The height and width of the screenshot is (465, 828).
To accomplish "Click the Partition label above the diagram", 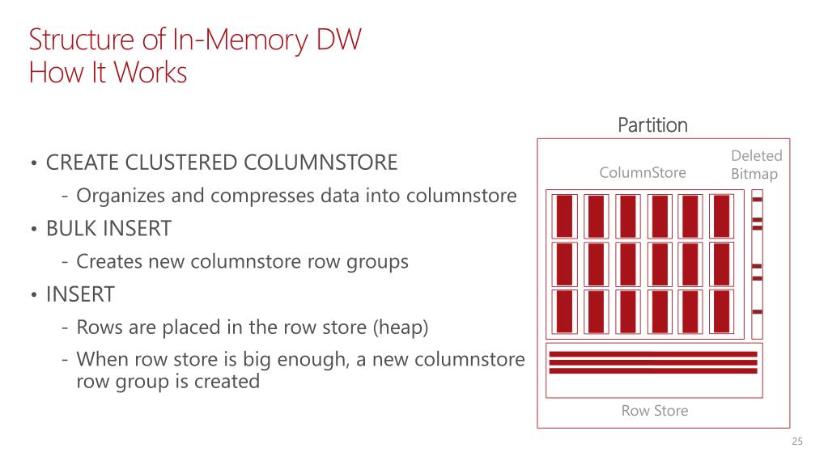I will click(x=652, y=125).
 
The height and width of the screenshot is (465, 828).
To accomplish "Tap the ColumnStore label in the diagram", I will click(x=642, y=172).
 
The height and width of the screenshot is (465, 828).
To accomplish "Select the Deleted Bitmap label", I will click(x=756, y=164).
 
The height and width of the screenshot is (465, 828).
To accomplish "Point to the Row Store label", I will click(x=654, y=411).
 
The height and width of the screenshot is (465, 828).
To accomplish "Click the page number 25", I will click(x=797, y=442).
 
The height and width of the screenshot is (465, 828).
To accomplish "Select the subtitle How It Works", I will click(x=108, y=73).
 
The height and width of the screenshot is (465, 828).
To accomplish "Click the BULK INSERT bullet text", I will click(x=108, y=229).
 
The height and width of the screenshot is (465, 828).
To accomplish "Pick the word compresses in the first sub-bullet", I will click(x=268, y=196).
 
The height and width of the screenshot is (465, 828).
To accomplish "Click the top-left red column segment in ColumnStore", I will click(x=564, y=215).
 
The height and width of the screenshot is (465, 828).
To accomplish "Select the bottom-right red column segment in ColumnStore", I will click(x=721, y=312).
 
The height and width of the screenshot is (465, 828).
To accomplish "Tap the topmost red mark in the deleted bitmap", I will click(x=758, y=200).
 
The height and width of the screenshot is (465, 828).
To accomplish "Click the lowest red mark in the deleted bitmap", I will click(x=758, y=311).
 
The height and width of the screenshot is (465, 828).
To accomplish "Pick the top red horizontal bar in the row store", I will click(x=652, y=354).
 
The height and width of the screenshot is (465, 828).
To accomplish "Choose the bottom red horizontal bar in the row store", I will click(x=652, y=371).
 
